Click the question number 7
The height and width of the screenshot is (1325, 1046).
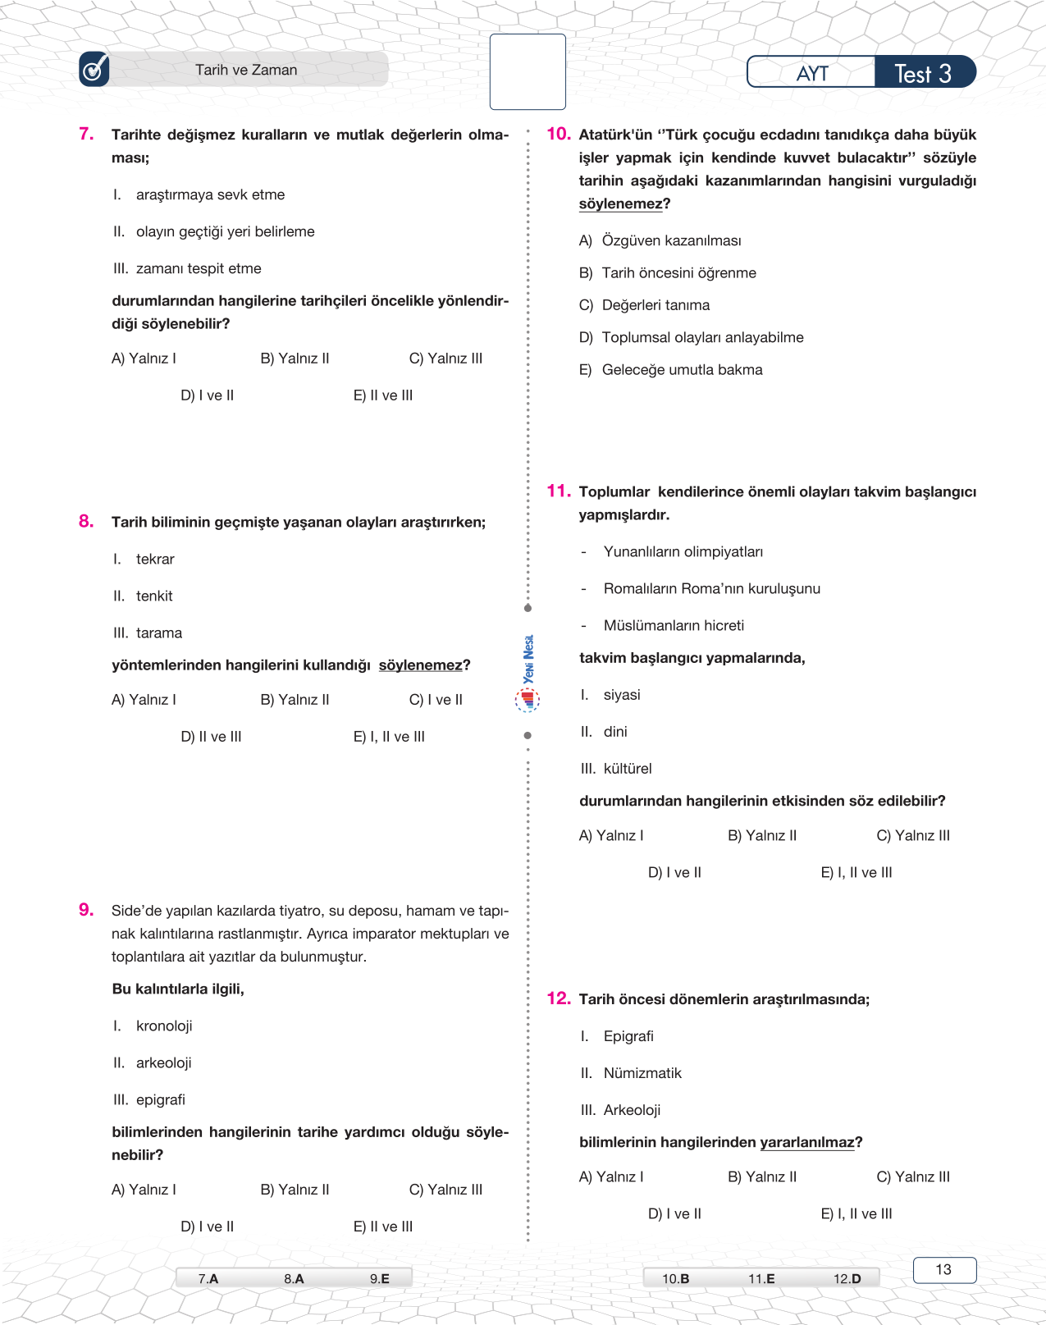(86, 134)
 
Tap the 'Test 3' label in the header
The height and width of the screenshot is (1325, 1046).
(923, 74)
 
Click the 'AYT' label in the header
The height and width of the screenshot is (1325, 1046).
(812, 74)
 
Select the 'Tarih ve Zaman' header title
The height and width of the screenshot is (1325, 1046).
(246, 71)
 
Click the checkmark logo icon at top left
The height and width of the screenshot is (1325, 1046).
(94, 70)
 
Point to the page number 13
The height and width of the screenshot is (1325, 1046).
(943, 1269)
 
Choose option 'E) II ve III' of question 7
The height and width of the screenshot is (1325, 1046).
(383, 395)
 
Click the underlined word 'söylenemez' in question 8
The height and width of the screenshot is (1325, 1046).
(420, 665)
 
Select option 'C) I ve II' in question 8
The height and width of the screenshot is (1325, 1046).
(436, 700)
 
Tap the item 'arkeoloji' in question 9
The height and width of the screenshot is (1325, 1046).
(163, 1062)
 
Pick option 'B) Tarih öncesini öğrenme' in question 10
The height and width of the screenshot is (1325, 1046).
(668, 273)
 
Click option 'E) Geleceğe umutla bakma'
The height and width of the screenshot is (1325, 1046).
(671, 370)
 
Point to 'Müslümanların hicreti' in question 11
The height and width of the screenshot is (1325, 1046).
(674, 625)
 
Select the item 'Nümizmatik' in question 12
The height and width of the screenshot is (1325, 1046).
(642, 1073)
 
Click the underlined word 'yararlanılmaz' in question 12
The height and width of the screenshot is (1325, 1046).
(807, 1142)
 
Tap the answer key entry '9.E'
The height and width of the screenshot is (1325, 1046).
(379, 1278)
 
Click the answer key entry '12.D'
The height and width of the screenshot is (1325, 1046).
(847, 1278)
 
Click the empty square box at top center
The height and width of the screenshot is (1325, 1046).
(528, 72)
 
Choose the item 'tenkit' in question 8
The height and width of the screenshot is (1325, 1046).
(154, 596)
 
